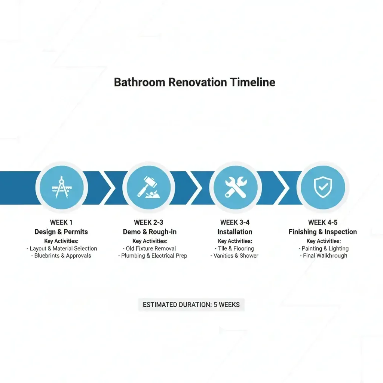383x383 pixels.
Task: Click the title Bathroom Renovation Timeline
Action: tap(194, 82)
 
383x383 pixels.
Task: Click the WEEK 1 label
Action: tap(61, 223)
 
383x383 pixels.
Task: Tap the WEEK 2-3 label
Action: tap(149, 223)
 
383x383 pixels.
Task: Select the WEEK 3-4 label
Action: tap(235, 223)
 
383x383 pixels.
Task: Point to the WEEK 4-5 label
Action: tap(323, 223)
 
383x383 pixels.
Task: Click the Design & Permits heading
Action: tap(61, 232)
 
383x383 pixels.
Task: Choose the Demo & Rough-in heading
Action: tap(150, 232)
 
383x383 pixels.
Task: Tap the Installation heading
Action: tap(235, 232)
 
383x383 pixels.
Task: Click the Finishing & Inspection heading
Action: tap(323, 232)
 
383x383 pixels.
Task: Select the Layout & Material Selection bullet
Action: tap(62, 248)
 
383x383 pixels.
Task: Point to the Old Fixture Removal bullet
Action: tap(150, 248)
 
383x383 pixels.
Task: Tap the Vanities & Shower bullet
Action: tap(235, 256)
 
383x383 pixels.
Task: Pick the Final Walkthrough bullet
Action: tap(324, 256)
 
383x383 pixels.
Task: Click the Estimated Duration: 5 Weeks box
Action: tap(191, 304)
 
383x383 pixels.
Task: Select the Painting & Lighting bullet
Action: tap(324, 248)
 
